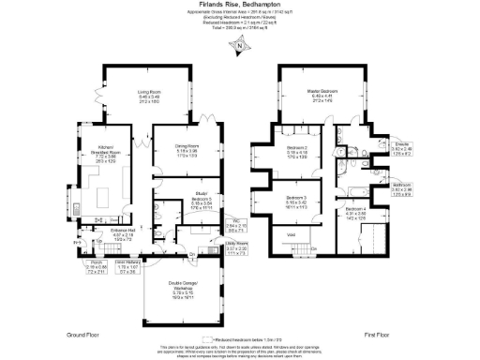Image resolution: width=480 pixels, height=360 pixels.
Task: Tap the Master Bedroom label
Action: click(323, 97)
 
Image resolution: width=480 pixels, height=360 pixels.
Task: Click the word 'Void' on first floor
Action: click(292, 234)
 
